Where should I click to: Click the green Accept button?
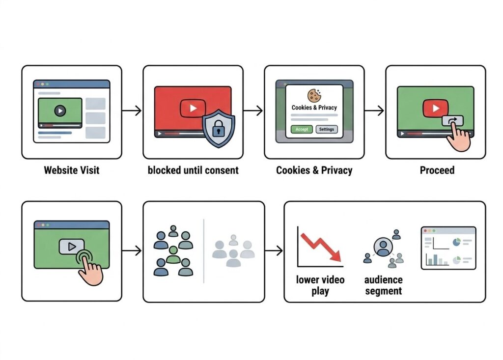pos(302,129)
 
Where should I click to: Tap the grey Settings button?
pos(326,129)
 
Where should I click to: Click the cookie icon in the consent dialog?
pos(314,95)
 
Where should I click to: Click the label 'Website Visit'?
pos(72,170)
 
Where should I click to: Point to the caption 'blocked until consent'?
pos(193,170)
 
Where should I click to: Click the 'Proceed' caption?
pos(437,170)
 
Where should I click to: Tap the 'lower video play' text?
pos(320,285)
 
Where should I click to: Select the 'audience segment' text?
pos(383,285)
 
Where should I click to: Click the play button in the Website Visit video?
pos(60,111)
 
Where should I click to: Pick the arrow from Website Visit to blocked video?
pos(132,111)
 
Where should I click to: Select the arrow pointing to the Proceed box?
pos(374,111)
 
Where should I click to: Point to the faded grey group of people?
pos(234,251)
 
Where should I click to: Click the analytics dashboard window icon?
pos(448,248)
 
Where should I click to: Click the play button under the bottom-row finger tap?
pos(72,247)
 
